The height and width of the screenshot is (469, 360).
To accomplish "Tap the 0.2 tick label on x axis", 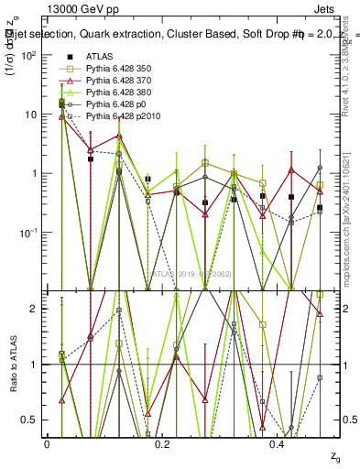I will click(163, 443).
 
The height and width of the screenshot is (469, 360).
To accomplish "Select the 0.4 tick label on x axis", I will click(279, 443).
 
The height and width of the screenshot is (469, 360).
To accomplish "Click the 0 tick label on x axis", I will click(47, 443).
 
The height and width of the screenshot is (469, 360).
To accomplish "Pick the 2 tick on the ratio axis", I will click(35, 309).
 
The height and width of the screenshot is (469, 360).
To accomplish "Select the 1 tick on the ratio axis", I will click(35, 365).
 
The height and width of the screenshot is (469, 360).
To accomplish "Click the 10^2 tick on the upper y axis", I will click(27, 56).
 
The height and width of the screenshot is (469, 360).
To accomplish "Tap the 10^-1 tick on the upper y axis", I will click(27, 233).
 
